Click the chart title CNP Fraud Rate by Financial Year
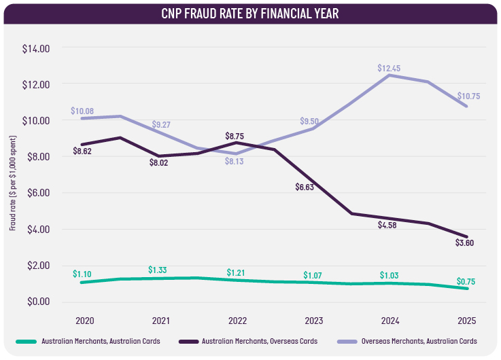point(250,13)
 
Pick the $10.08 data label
point(82,111)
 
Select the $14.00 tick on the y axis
point(36,48)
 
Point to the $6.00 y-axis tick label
point(37,193)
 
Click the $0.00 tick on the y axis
point(37,302)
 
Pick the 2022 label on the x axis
point(237,320)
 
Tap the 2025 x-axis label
point(466,320)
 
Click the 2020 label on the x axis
point(85,320)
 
